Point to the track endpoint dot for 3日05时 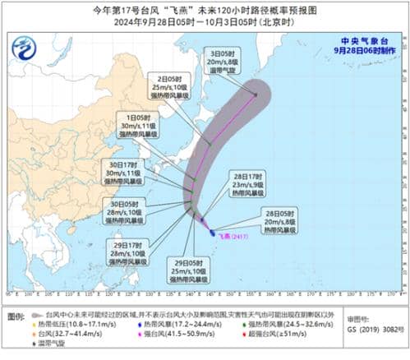256,95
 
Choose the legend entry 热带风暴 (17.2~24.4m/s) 173,323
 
